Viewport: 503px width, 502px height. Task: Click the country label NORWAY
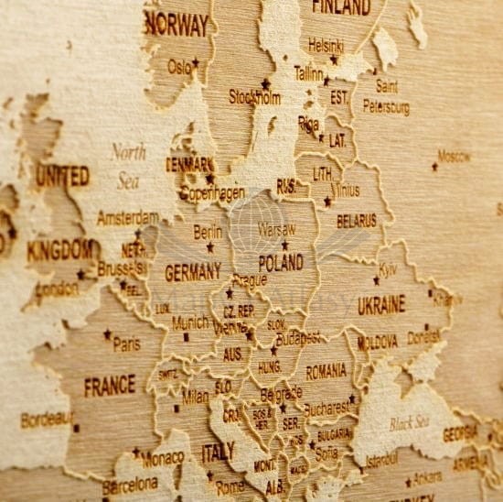pyautogui.click(x=177, y=25)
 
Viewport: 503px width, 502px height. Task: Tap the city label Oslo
pyautogui.click(x=179, y=66)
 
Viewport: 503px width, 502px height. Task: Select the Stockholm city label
pyautogui.click(x=253, y=96)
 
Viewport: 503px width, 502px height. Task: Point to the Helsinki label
pyautogui.click(x=326, y=44)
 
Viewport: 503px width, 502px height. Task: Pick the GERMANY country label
pyautogui.click(x=192, y=271)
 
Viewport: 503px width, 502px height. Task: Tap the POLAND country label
pyautogui.click(x=281, y=263)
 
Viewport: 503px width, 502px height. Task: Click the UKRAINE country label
pyautogui.click(x=381, y=304)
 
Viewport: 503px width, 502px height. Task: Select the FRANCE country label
pyautogui.click(x=110, y=386)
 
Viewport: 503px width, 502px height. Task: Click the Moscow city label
pyautogui.click(x=454, y=157)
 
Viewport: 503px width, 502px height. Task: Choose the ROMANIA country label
pyautogui.click(x=326, y=371)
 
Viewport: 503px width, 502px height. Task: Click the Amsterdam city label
pyautogui.click(x=127, y=218)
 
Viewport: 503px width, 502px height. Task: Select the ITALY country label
pyautogui.click(x=218, y=451)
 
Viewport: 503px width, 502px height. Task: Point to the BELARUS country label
pyautogui.click(x=356, y=221)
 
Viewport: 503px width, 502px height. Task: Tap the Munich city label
pyautogui.click(x=190, y=322)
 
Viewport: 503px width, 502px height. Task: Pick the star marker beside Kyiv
pyautogui.click(x=376, y=280)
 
